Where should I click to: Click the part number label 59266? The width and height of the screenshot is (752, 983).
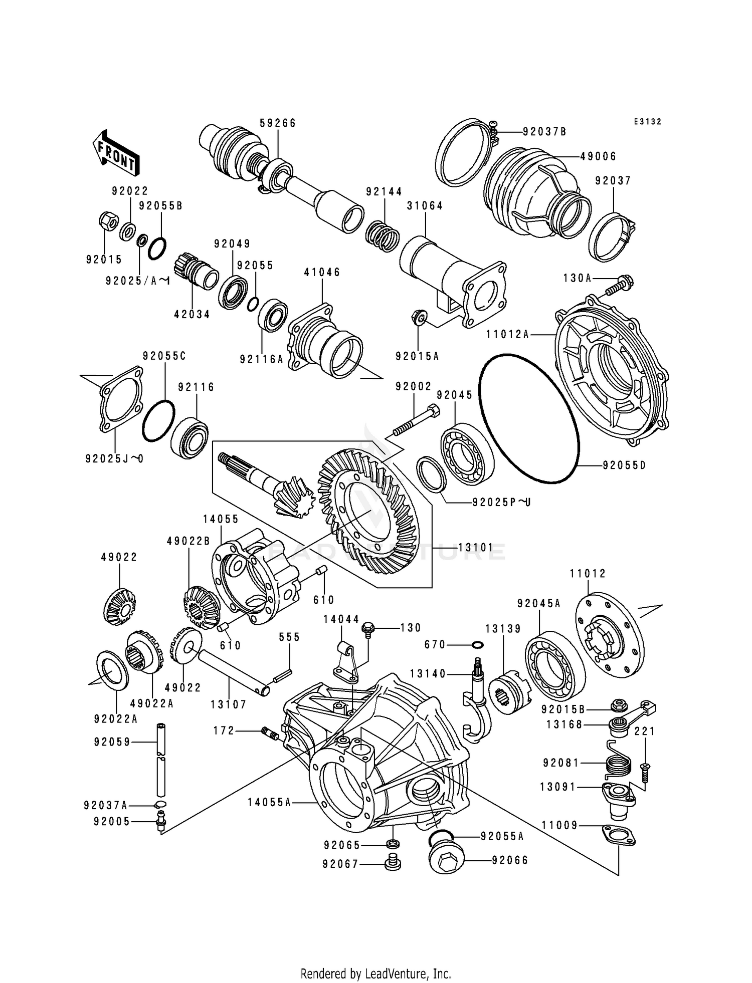278,123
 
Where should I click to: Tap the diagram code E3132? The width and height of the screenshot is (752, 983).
647,122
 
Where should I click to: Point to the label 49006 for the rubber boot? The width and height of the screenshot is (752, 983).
598,156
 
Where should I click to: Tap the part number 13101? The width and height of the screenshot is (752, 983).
476,548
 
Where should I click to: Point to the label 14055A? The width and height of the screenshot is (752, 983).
269,802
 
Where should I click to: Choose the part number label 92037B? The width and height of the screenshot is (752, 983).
544,132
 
